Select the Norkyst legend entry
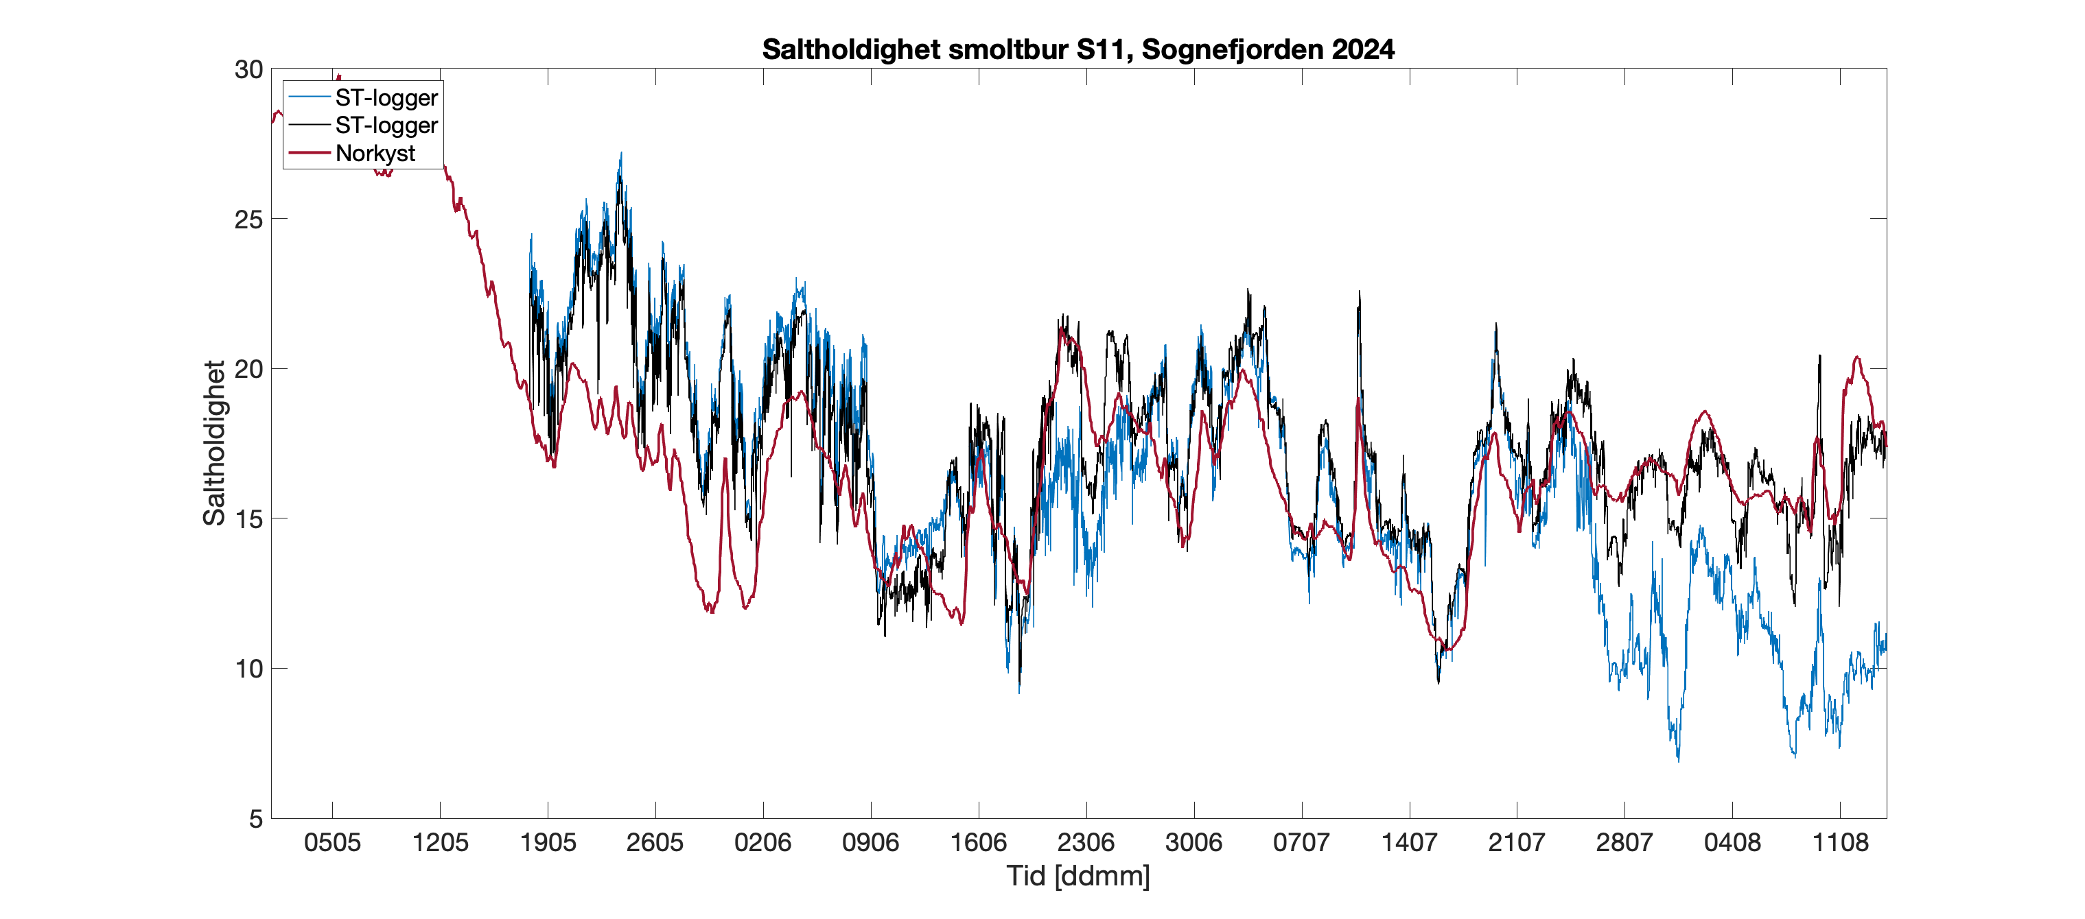point(375,153)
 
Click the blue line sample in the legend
point(310,97)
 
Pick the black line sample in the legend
point(310,125)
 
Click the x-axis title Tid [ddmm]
point(1078,876)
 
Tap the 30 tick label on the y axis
point(248,69)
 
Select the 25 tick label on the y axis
point(248,219)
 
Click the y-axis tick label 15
point(248,518)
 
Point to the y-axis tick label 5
point(256,819)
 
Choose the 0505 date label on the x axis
point(332,843)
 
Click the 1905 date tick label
point(548,843)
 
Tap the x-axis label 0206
point(762,843)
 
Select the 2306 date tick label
point(1086,843)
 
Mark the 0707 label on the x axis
point(1301,843)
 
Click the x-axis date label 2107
point(1516,843)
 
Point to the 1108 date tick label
point(1840,843)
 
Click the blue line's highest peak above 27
point(621,154)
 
